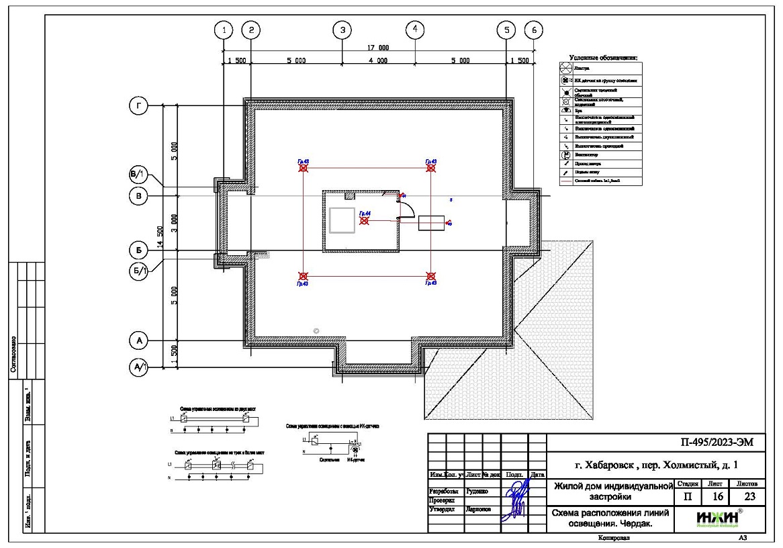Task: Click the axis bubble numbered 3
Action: [x=342, y=30]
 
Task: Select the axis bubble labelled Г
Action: [x=138, y=106]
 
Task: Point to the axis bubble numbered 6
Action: [x=534, y=30]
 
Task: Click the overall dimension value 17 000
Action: [x=378, y=48]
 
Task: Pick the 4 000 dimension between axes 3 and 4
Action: [x=378, y=60]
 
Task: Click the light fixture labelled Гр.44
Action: [x=364, y=220]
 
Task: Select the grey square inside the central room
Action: [x=342, y=220]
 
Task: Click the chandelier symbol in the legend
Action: [x=565, y=68]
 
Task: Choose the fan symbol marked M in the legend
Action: [x=565, y=154]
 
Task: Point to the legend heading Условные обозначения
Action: [x=602, y=58]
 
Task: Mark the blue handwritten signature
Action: [x=516, y=497]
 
